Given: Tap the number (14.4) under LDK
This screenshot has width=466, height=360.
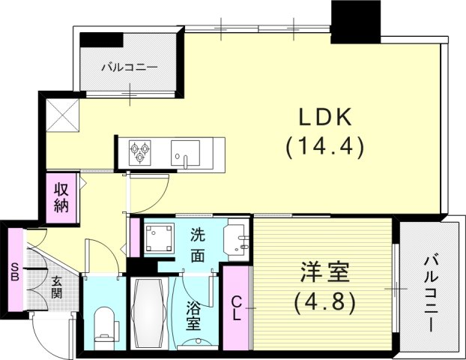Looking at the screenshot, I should (324, 148).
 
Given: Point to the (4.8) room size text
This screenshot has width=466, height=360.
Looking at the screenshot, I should (324, 303).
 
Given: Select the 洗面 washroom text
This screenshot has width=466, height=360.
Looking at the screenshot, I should (196, 244).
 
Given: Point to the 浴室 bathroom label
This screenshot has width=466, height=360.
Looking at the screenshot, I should (192, 315).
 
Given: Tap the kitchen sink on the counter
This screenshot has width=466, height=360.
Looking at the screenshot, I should (184, 152).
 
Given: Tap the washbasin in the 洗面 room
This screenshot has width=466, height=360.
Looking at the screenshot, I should (237, 239).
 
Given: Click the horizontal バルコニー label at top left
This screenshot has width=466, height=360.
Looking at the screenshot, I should (130, 67).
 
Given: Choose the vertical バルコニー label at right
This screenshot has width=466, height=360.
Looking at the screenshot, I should (432, 292).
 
